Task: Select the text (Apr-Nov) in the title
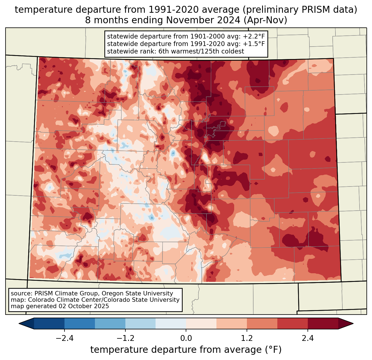point(265,20)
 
